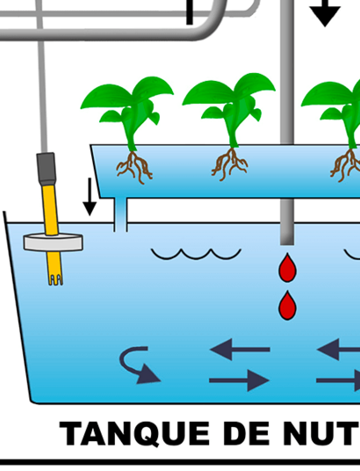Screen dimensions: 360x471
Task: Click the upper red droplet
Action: pos(287,268)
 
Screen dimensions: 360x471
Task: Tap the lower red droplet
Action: pos(287,306)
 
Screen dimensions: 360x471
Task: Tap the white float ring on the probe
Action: pos(54,243)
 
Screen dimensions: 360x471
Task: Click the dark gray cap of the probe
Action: pos(47,169)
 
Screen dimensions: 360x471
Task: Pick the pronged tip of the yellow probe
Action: pos(55,279)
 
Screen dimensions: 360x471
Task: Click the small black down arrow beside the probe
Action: pos(90,197)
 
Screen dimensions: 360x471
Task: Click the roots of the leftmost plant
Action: pos(135,167)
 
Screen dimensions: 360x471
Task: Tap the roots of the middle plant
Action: pos(230,164)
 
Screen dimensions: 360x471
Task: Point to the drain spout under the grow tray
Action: pos(120,214)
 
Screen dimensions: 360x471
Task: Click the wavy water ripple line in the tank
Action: pos(196,254)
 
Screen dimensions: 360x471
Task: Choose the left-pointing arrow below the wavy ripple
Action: pos(240,350)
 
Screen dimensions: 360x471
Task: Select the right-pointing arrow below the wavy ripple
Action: pos(240,380)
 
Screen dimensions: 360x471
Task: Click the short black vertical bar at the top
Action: pos(190,12)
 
